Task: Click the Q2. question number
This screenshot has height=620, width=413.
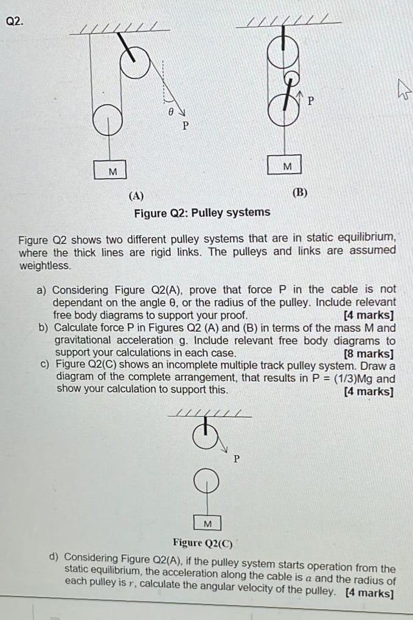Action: click(15, 21)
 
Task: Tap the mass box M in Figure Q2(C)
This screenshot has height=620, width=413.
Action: click(207, 524)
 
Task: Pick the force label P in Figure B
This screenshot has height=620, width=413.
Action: click(311, 101)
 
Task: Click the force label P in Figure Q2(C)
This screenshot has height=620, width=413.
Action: click(237, 459)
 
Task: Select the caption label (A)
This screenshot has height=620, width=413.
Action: click(136, 196)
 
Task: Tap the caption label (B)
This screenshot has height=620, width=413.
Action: click(299, 192)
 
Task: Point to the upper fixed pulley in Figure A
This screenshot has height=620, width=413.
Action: click(136, 61)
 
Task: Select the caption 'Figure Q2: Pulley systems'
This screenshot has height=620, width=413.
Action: click(202, 213)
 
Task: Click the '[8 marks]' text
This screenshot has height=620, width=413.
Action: click(368, 353)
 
